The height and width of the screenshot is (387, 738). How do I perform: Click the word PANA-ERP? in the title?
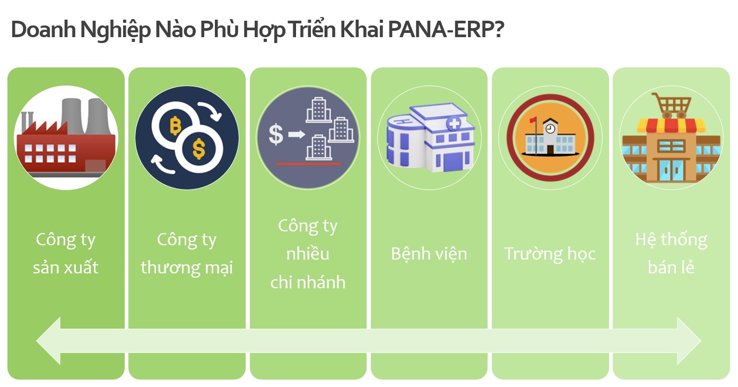446,29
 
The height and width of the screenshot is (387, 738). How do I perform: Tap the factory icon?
66,138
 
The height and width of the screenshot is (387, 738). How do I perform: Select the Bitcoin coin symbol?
176,125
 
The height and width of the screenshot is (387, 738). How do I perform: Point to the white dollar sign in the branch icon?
276,134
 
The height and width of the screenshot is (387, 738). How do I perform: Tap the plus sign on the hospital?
454,124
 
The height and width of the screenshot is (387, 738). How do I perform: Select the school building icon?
550,137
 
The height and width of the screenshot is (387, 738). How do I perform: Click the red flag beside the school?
533,120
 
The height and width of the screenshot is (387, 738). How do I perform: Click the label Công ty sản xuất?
66,254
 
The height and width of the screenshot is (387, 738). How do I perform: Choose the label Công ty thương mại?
187,254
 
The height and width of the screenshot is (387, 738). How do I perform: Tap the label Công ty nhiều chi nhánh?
308,254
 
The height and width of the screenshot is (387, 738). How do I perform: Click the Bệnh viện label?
429,254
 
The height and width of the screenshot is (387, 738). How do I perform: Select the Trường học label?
550,254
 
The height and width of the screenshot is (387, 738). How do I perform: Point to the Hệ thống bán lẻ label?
671,254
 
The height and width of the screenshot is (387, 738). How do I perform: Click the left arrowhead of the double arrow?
48,341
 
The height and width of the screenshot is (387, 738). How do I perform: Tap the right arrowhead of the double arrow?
689,341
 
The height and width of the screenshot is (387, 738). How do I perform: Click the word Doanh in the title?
44,29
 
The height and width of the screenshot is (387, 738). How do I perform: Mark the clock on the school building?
550,128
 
